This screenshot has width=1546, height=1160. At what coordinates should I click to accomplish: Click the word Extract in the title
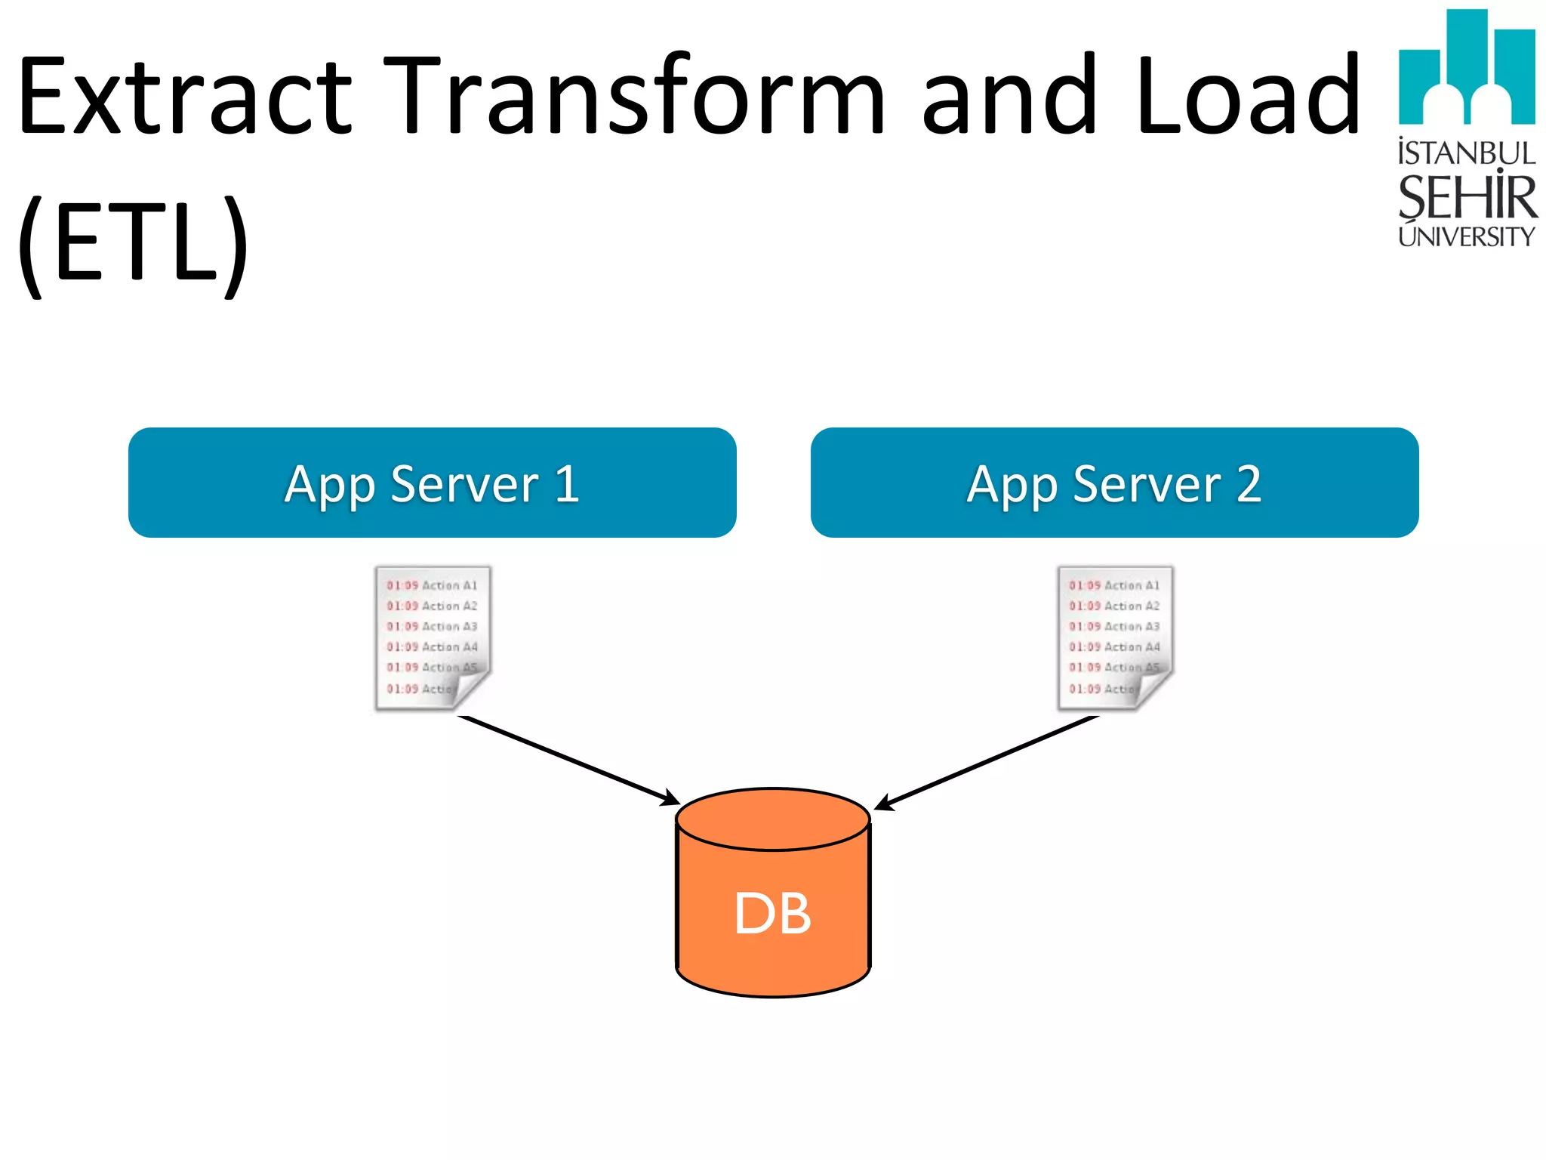tap(185, 97)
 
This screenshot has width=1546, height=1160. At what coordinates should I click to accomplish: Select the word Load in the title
tap(1246, 97)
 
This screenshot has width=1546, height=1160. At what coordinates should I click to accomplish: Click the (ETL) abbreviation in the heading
tap(133, 245)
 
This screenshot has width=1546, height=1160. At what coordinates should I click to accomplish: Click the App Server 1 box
tap(432, 483)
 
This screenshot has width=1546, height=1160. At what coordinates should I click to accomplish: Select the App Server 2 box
tap(1114, 483)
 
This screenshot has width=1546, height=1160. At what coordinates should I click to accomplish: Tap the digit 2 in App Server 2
tap(1249, 484)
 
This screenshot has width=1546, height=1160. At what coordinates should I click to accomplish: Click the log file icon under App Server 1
tap(433, 638)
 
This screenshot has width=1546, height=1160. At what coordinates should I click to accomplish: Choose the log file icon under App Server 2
tap(1115, 638)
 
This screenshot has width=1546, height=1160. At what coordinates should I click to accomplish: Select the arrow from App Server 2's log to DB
tap(985, 762)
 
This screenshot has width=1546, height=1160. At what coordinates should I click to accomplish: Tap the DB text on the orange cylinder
tap(772, 914)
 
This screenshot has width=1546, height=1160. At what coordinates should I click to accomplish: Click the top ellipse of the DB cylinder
tap(773, 819)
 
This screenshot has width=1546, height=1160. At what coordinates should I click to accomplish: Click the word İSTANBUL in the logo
tap(1467, 153)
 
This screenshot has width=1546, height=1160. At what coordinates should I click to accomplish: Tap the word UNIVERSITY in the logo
tap(1467, 237)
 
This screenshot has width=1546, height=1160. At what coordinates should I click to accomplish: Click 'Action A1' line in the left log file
tap(432, 585)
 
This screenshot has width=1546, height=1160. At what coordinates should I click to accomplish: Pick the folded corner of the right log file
tap(1153, 689)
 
